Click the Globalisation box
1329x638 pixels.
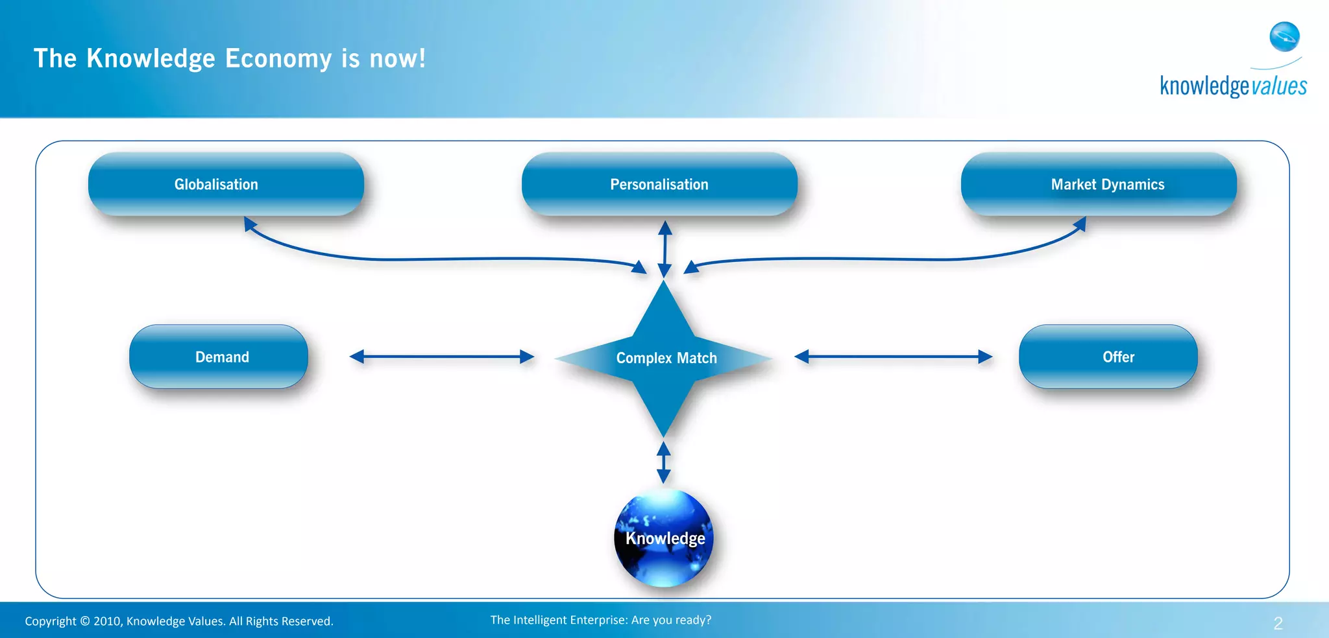coord(226,184)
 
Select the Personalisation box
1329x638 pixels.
coord(659,184)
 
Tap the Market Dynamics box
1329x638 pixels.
coord(1099,184)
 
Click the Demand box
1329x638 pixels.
coord(219,357)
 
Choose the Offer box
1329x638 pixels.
coord(1108,357)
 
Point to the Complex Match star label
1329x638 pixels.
coord(666,358)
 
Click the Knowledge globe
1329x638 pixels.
coord(664,538)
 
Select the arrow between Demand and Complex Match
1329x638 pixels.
coord(442,357)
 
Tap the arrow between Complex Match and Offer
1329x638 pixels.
coord(893,357)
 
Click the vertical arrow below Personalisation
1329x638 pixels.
coord(664,249)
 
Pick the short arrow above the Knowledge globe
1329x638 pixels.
coord(663,462)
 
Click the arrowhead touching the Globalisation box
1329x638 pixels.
coord(250,224)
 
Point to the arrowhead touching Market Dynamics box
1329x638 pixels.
coord(1080,225)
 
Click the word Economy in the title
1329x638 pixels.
coord(278,59)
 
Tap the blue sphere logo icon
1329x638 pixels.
coord(1284,36)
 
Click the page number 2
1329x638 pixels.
coord(1278,624)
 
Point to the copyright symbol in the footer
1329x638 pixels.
coord(85,621)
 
